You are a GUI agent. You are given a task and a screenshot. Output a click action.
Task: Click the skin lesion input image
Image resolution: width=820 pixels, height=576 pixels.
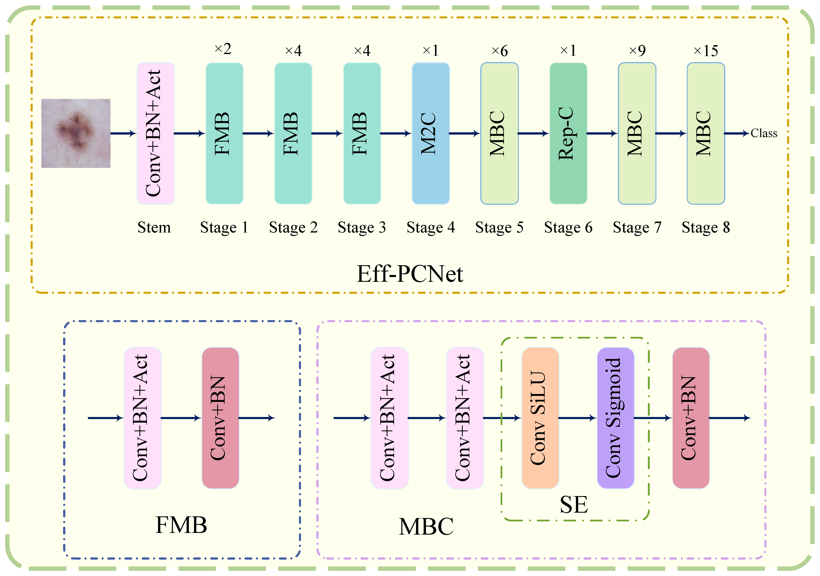(x=76, y=133)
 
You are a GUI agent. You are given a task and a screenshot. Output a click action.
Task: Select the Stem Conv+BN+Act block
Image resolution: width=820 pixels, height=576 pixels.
(x=156, y=133)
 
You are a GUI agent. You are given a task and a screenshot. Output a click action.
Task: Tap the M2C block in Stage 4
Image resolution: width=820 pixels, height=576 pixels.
(x=431, y=133)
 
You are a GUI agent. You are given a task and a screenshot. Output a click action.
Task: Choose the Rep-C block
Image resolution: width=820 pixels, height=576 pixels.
(x=568, y=133)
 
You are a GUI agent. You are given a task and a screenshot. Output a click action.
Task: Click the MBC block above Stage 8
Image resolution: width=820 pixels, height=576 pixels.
(x=706, y=133)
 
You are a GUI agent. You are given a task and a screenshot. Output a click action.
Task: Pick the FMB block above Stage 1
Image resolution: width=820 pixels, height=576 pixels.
(x=224, y=133)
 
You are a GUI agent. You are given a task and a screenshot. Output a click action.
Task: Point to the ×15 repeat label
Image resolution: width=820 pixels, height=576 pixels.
(x=706, y=51)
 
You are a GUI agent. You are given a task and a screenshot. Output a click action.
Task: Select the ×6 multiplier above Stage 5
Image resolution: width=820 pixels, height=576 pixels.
(x=499, y=51)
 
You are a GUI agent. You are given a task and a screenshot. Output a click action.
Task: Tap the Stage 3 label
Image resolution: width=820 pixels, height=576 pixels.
(x=362, y=227)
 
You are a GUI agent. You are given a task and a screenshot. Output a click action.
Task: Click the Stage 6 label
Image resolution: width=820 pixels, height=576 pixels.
(x=568, y=227)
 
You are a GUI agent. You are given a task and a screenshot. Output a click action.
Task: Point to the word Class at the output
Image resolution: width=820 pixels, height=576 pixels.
(x=764, y=133)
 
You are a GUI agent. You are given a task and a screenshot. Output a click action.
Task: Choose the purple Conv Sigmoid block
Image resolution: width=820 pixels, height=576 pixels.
(x=615, y=418)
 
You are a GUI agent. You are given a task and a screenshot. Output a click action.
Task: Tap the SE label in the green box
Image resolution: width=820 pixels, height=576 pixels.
(x=574, y=505)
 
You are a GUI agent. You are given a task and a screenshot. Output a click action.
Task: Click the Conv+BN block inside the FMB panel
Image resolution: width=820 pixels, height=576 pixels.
(x=220, y=418)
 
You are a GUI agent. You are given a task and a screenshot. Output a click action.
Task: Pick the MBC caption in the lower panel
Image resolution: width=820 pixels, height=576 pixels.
(x=426, y=527)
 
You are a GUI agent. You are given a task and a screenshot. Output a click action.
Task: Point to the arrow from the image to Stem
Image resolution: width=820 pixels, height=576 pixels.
(x=123, y=133)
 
